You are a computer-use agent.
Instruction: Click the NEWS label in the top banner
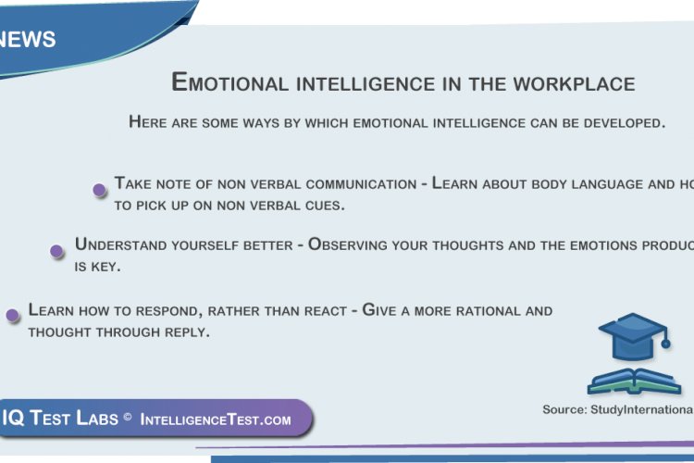29,40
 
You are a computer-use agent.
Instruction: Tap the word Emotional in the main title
230,82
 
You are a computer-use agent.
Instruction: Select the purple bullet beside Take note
99,190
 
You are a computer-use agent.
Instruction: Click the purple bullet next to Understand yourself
57,251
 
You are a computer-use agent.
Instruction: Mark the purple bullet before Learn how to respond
13,315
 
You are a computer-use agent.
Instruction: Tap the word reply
185,332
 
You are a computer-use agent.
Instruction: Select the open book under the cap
634,381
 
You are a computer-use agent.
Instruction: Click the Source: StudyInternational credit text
617,409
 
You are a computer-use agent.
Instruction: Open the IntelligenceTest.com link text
216,419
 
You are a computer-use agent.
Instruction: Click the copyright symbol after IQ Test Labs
128,419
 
